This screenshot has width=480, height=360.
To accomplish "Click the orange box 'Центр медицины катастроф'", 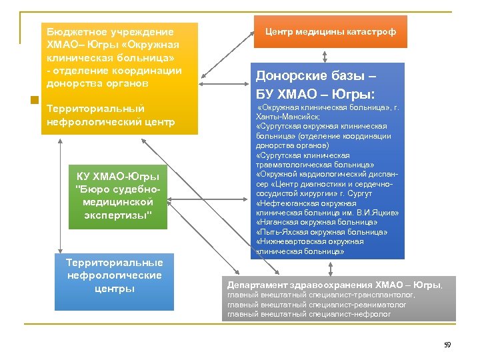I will pos(330,32).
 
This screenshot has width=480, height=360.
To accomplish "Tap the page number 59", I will pos(447,345).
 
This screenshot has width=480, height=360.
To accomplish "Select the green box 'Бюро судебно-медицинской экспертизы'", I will pos(118,195).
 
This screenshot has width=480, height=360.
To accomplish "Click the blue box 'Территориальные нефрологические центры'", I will pos(114,275).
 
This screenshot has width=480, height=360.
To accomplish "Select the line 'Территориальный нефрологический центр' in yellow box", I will pos(111,115).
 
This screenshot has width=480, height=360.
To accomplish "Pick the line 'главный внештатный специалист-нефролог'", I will pos(309,313).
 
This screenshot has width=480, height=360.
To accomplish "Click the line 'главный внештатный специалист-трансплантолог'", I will pos(321,295).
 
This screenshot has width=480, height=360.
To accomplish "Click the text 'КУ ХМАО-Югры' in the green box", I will pos(118,177).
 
